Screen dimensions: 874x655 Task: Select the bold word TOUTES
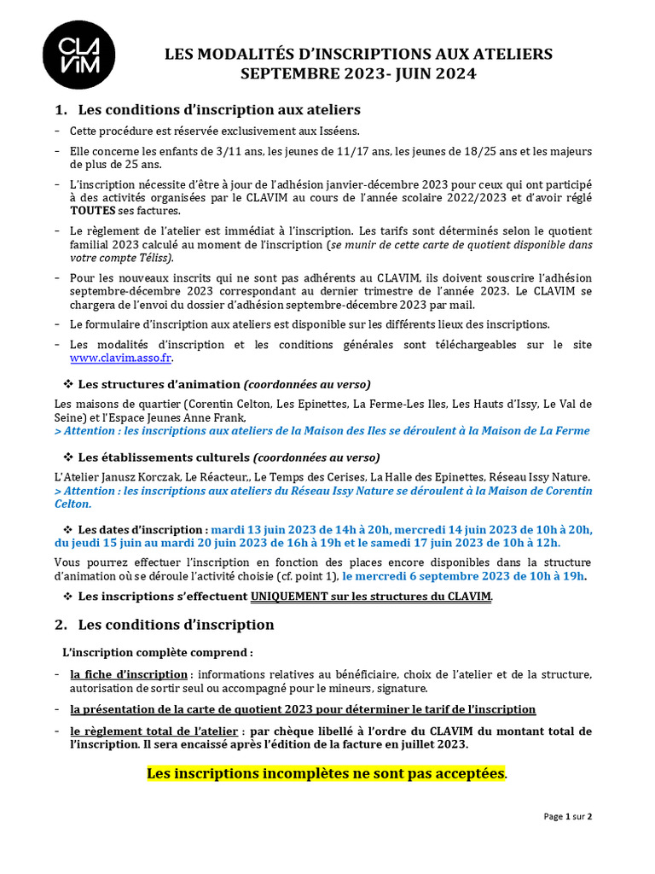point(92,211)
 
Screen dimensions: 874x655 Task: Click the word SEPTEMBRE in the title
point(290,74)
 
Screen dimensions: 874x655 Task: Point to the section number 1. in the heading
point(61,110)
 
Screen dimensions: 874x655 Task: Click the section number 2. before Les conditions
point(61,625)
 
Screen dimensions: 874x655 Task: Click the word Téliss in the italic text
point(154,258)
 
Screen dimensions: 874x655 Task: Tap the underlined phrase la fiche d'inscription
point(129,674)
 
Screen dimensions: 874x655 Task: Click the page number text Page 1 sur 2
point(568,817)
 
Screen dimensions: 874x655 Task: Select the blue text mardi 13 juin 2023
point(265,529)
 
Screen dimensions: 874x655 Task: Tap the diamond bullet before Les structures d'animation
point(69,384)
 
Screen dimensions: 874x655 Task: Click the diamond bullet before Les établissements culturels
point(69,457)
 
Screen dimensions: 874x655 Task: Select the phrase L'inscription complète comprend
point(158,653)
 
